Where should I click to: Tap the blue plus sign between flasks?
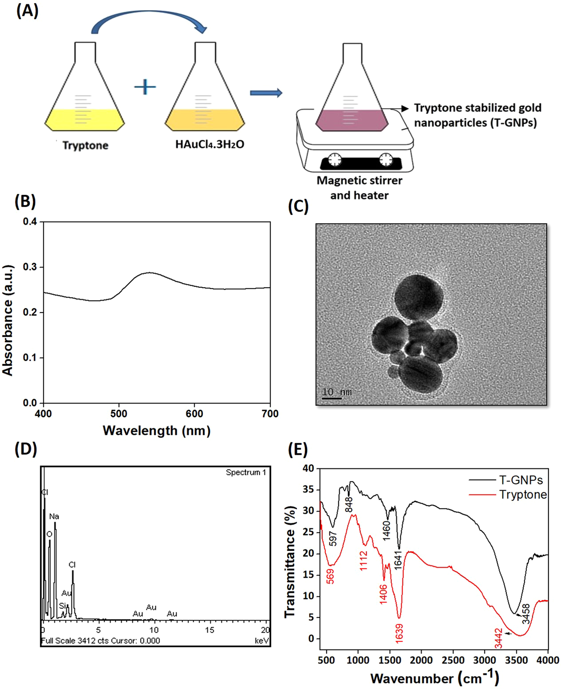point(145,87)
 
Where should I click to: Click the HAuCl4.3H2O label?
point(210,144)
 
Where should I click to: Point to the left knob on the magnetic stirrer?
point(335,160)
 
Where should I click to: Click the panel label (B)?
point(25,201)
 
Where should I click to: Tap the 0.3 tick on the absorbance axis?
point(30,267)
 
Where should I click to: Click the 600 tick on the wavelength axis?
point(194,413)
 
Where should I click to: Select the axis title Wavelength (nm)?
point(156,431)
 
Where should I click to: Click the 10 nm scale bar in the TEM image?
point(332,398)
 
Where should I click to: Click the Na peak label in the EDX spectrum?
point(54,516)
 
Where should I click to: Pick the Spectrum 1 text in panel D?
point(246,473)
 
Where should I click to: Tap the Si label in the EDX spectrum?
point(62,606)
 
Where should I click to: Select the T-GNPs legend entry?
point(521,480)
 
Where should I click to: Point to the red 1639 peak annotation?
point(399,632)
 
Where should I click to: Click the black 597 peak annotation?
point(333,539)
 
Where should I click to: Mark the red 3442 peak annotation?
point(499,638)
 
